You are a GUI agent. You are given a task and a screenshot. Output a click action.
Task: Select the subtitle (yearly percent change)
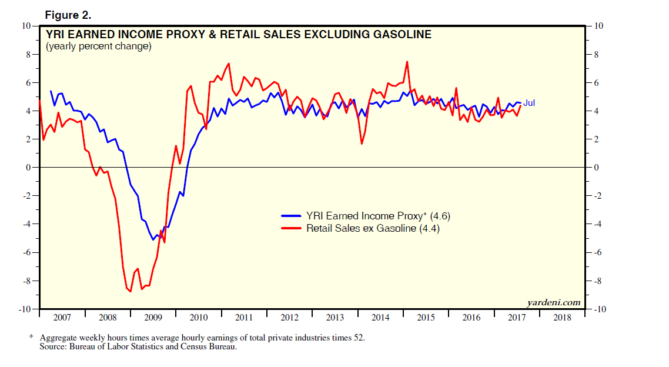pyautogui.click(x=98, y=46)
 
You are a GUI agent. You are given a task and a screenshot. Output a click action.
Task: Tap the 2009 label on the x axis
pyautogui.click(x=153, y=318)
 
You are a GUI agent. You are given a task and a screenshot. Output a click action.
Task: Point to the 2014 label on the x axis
pyautogui.click(x=380, y=318)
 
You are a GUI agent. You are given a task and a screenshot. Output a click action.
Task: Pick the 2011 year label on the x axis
pyautogui.click(x=244, y=318)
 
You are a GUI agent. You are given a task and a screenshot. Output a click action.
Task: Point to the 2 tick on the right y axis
pyautogui.click(x=596, y=139)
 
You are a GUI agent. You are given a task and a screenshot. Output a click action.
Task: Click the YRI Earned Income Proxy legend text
pyautogui.click(x=377, y=216)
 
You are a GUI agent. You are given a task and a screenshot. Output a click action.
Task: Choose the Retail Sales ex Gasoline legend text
pyautogui.click(x=373, y=228)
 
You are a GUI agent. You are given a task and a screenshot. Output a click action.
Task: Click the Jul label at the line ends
pyautogui.click(x=529, y=104)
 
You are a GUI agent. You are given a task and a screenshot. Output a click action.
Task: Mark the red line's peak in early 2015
pyautogui.click(x=406, y=62)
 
